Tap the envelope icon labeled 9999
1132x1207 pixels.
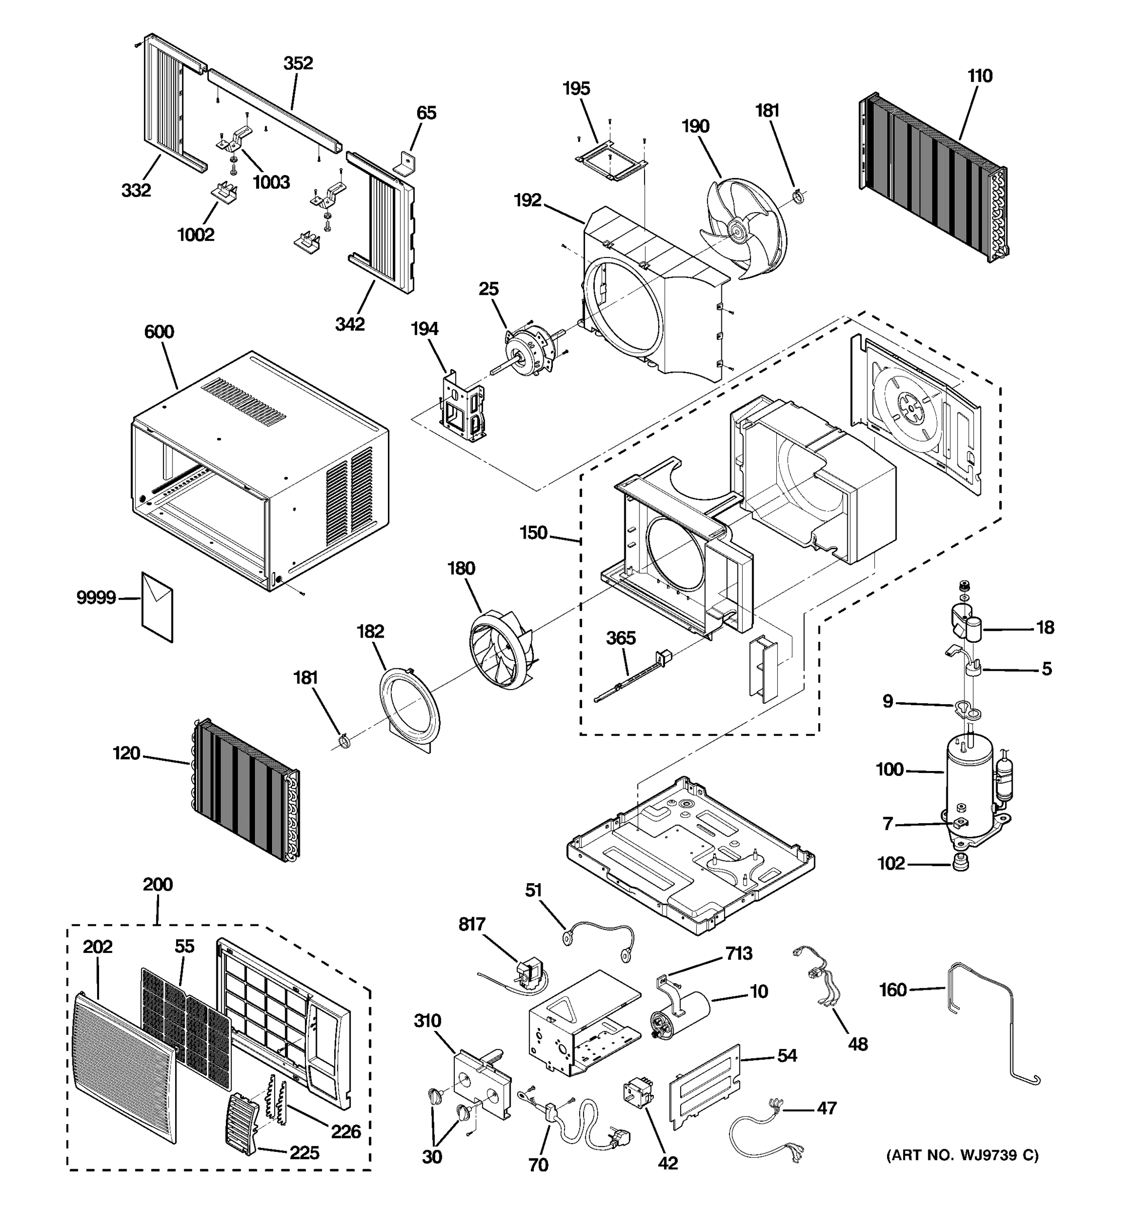click(156, 606)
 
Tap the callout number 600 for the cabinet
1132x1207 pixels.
click(159, 332)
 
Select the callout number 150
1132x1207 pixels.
click(533, 533)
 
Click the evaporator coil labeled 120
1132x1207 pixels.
click(246, 789)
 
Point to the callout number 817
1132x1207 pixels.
click(471, 924)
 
